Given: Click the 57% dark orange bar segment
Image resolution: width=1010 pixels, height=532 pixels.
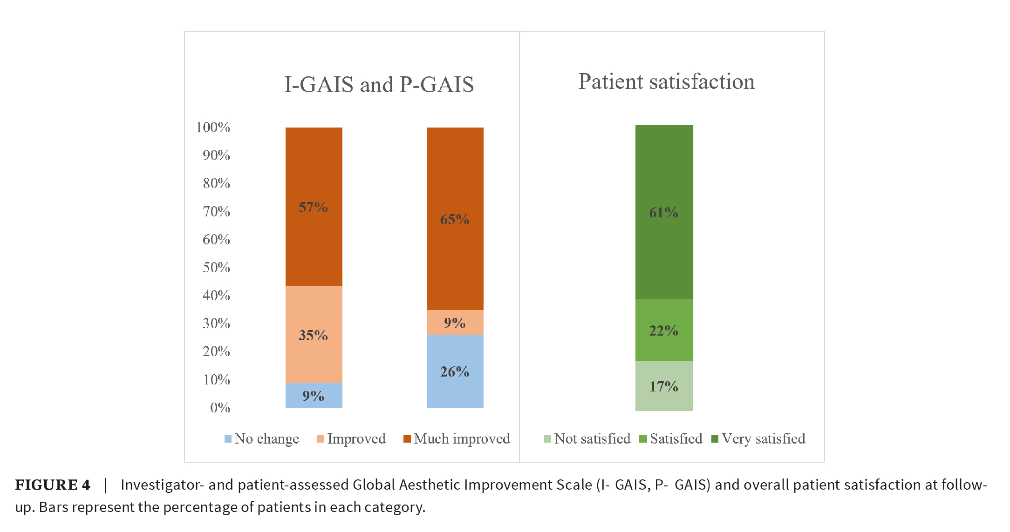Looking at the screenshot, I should tap(314, 206).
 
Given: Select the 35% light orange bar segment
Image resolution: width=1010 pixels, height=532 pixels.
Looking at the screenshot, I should tap(314, 334).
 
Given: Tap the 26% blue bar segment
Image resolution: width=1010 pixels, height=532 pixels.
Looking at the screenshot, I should tap(455, 371).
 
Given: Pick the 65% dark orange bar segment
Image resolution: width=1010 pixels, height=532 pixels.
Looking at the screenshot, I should tap(455, 218).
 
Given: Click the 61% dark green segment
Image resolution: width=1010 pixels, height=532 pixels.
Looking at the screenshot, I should tap(664, 212).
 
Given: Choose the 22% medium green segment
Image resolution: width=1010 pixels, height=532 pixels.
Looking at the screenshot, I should tap(664, 330).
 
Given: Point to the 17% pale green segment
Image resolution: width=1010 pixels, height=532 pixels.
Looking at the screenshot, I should tap(664, 386).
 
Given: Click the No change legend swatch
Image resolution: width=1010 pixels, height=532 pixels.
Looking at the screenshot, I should tap(228, 439).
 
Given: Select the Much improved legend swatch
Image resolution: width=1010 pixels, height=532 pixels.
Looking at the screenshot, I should tap(407, 439).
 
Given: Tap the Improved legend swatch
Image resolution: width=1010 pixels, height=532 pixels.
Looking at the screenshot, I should tap(320, 439).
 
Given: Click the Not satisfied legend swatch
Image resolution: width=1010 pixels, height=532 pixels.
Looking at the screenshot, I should tap(547, 439).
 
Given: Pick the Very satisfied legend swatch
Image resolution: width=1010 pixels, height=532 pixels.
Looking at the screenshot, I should tap(715, 439).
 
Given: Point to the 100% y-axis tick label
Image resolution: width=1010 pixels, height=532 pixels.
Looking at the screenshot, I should tap(213, 128).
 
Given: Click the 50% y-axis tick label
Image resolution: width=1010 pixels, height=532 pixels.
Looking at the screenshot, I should tap(216, 268).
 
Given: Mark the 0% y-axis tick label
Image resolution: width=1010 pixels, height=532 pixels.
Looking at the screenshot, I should tap(220, 408).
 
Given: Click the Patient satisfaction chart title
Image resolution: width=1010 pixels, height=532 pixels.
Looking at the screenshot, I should tap(666, 82).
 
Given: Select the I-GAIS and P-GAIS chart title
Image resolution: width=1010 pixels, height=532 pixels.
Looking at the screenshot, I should tap(379, 85).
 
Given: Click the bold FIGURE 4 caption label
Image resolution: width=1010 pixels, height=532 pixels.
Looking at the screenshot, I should tap(53, 485).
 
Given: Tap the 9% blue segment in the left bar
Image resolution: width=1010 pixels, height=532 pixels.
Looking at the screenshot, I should tap(314, 396).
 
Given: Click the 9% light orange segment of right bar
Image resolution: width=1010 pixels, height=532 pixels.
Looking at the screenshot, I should tap(455, 323).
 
